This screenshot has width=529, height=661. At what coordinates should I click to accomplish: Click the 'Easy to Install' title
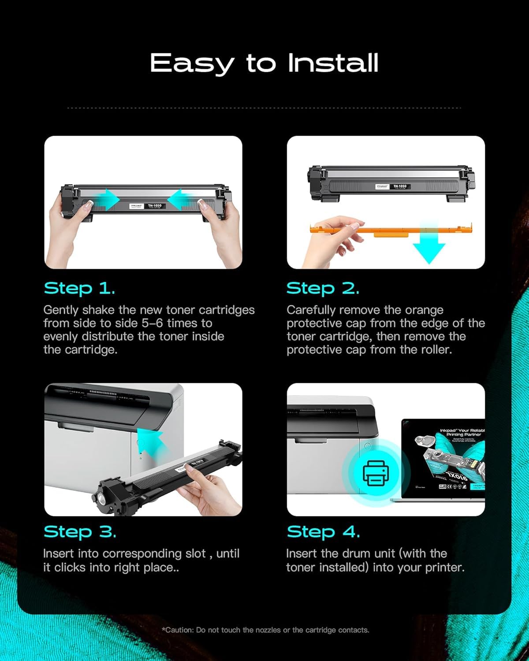pos(264,63)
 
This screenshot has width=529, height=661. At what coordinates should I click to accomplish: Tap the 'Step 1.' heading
pos(79,289)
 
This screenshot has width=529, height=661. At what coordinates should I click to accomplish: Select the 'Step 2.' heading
pos(323,289)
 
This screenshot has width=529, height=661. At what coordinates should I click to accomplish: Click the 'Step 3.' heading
pos(80,532)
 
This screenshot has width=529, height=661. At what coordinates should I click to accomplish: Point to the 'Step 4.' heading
pos(323,532)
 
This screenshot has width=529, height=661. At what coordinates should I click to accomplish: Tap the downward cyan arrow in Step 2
pos(429,247)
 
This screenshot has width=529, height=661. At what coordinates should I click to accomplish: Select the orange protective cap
pos(397,230)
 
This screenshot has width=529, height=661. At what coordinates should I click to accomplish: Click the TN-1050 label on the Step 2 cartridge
pos(400,186)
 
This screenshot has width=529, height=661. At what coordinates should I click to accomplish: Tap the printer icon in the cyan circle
pos(376,473)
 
